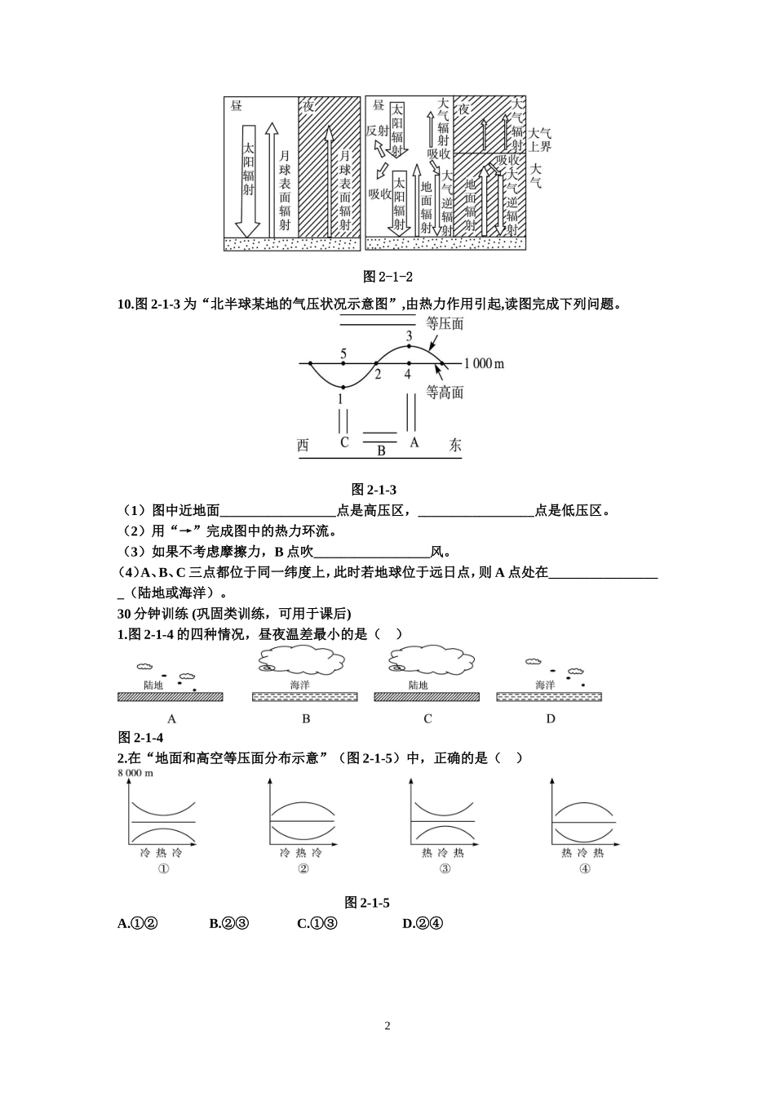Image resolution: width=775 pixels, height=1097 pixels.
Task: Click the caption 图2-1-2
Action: [387, 277]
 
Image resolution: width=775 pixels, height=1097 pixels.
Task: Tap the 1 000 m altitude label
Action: [484, 363]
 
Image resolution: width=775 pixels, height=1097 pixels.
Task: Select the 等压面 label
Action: [445, 324]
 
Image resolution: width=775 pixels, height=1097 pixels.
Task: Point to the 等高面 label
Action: [445, 393]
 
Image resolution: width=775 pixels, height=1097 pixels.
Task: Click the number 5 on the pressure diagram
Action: [343, 353]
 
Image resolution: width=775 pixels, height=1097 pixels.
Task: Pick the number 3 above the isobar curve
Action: [409, 335]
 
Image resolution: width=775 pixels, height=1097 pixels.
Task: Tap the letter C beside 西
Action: [344, 442]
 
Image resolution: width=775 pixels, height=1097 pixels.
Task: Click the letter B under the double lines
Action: [381, 450]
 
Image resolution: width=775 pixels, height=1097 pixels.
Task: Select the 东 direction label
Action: [454, 445]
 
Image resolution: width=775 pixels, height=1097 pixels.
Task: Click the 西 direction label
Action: [303, 445]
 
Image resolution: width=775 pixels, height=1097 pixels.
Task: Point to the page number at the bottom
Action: [387, 1026]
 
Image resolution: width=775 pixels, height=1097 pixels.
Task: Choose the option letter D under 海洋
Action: [551, 719]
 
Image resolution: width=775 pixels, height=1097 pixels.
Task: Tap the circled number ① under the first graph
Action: [163, 868]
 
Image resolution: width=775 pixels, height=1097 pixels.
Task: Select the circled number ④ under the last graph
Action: [584, 868]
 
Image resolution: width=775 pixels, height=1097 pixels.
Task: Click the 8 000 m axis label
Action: [135, 773]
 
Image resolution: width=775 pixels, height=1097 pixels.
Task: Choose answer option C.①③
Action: [317, 923]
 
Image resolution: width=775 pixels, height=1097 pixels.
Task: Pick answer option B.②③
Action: [228, 923]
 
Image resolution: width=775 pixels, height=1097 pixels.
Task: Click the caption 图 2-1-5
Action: [367, 902]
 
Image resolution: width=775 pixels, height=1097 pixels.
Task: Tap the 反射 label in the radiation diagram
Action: [378, 130]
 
